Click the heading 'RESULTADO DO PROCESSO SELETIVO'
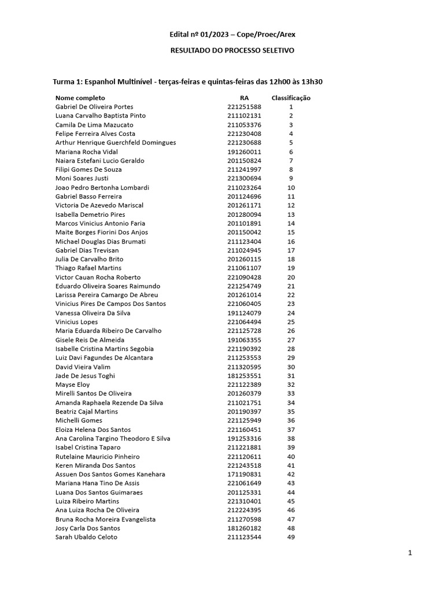[232, 51]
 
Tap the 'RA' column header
[244, 98]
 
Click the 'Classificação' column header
[291, 98]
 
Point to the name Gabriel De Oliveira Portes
[94, 107]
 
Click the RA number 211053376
[244, 125]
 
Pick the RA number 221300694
[244, 179]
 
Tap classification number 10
[291, 188]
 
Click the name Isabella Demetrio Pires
[90, 214]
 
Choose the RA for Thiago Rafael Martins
[244, 268]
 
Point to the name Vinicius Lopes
[76, 322]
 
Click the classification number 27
[291, 340]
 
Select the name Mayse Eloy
[72, 384]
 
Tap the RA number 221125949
[244, 420]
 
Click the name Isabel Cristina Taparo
[88, 447]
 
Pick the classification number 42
[291, 474]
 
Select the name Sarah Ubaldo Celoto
[86, 537]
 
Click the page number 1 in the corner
[410, 553]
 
